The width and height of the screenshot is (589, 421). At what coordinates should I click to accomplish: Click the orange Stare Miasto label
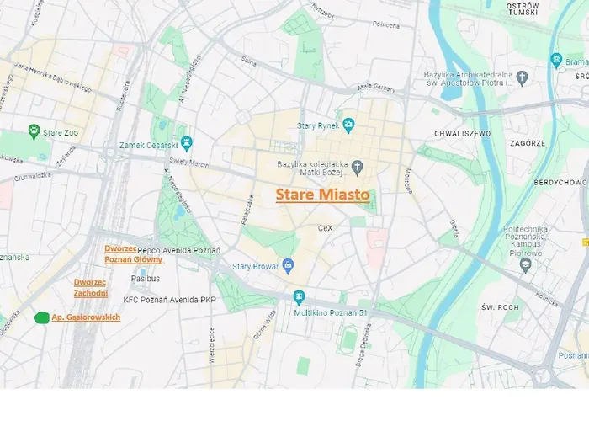click(322, 195)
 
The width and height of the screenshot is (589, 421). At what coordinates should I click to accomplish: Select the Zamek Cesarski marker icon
click(187, 142)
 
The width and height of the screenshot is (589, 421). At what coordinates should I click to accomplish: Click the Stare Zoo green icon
click(34, 131)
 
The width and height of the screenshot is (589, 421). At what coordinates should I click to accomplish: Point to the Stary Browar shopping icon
click(288, 266)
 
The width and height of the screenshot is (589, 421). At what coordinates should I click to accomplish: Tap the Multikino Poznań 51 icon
click(299, 296)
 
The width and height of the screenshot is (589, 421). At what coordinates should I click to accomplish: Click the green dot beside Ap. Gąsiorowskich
click(41, 317)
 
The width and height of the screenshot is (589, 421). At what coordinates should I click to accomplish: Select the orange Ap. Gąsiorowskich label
click(86, 317)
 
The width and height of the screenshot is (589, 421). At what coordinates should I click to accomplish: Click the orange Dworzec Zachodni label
click(90, 287)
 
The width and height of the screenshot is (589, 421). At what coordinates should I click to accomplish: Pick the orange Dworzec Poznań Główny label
click(133, 253)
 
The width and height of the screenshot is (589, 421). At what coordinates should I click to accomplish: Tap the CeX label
click(326, 228)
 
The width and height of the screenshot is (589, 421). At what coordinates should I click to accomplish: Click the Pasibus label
click(145, 278)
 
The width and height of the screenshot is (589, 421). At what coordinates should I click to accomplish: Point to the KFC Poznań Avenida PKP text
click(171, 299)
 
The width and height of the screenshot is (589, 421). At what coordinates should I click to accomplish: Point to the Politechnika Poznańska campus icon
click(526, 265)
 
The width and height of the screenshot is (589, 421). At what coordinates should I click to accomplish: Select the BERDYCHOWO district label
click(560, 182)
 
